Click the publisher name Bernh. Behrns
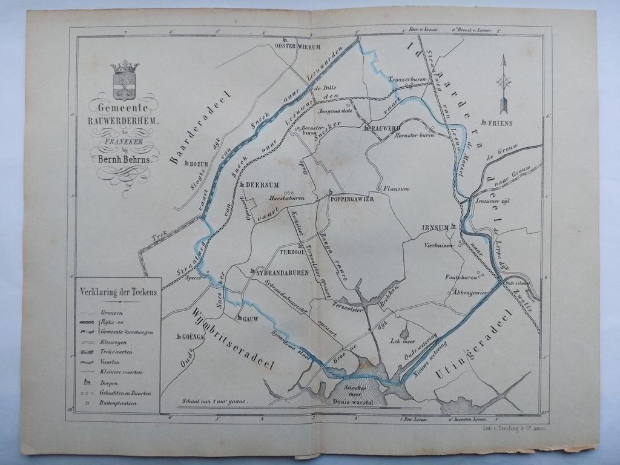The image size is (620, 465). point(125,159)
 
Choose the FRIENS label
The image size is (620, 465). point(500,123)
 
